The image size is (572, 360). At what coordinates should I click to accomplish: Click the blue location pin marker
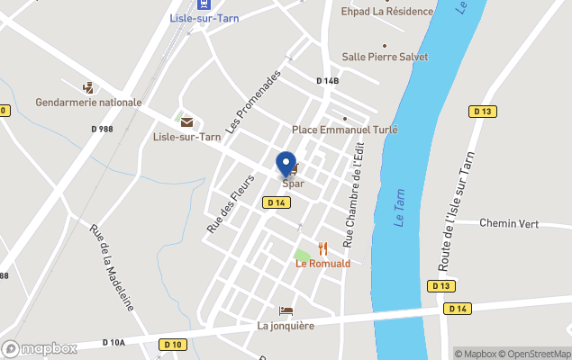point(286,164)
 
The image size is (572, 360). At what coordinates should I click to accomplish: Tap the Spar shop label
point(293,184)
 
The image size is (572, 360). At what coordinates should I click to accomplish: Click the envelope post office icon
point(186,121)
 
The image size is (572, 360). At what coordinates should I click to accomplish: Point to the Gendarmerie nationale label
point(88,102)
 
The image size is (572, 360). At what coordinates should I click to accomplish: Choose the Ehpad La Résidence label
point(386,12)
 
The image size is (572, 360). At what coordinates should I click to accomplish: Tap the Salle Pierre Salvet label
point(385,57)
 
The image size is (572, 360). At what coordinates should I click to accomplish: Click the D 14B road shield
point(328,81)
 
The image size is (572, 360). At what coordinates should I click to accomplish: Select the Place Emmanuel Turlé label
point(345,130)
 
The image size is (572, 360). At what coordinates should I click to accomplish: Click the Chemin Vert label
point(508,222)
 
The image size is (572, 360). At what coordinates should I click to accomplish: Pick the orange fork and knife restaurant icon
point(322,249)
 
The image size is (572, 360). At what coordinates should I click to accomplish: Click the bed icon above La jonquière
point(286,310)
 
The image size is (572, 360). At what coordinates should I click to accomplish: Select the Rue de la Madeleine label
point(111,266)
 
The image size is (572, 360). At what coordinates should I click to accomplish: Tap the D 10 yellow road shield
point(173,344)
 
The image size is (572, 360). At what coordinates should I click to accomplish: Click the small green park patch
point(302,256)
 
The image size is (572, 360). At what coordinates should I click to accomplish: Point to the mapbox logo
point(40,348)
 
